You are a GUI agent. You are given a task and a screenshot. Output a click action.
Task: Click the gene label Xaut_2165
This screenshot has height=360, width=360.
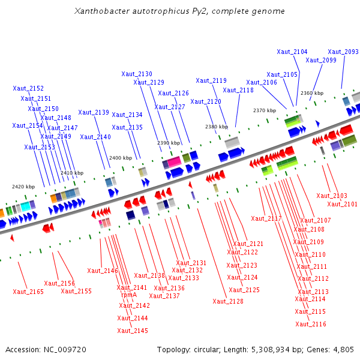(x=28, y=292)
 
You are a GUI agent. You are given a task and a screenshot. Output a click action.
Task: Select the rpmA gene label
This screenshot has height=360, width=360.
(x=129, y=295)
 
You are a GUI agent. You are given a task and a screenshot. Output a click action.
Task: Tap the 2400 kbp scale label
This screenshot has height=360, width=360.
(x=120, y=158)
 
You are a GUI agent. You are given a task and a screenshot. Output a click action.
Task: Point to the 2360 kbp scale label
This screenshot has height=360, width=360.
(x=312, y=93)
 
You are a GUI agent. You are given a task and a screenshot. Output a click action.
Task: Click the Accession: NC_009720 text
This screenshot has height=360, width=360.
(x=46, y=349)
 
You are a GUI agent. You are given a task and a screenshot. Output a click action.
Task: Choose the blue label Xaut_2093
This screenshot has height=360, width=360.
(x=343, y=52)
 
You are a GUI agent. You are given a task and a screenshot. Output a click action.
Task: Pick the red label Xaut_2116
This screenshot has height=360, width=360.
(x=311, y=324)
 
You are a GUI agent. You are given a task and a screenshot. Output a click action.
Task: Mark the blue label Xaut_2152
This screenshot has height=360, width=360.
(x=28, y=88)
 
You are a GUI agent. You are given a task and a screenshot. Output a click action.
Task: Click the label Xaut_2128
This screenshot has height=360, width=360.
(x=228, y=301)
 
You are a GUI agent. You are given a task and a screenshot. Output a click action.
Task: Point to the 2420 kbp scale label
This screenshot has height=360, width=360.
(x=23, y=187)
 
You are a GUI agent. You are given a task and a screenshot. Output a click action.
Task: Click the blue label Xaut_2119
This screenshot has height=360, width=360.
(x=211, y=80)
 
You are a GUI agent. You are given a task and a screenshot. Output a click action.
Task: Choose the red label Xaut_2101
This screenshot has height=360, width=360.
(x=343, y=204)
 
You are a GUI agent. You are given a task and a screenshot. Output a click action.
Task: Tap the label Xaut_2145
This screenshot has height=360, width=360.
(x=133, y=331)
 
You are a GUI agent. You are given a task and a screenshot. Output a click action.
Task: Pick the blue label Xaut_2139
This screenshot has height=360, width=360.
(x=94, y=112)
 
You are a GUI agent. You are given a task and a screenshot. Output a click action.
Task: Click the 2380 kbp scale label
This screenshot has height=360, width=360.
(x=217, y=127)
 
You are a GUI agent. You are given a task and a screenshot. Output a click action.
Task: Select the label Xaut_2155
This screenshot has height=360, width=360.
(x=76, y=291)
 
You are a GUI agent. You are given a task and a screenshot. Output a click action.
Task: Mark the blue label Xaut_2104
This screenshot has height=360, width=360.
(x=292, y=52)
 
